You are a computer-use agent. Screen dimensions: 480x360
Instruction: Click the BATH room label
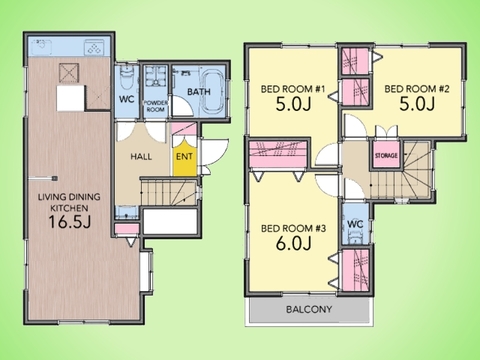199,92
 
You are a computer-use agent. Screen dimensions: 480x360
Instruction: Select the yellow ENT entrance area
184,156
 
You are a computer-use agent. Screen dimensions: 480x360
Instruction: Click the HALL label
141,157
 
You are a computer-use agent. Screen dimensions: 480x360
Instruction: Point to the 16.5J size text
70,222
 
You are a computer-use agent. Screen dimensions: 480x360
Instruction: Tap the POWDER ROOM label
156,106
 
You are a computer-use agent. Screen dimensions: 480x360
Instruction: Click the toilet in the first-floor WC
126,77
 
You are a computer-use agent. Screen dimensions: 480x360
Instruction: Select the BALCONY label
309,309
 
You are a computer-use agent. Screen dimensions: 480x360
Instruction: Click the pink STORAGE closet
386,155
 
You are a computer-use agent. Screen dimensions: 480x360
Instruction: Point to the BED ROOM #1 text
293,89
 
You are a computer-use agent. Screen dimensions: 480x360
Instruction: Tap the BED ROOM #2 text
417,89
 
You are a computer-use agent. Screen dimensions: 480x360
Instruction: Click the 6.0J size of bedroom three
293,243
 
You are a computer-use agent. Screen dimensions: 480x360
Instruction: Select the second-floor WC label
355,224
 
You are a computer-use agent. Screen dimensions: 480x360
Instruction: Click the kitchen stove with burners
95,47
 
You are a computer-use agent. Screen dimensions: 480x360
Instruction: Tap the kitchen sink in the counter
42,47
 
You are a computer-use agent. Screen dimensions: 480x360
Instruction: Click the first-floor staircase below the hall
168,192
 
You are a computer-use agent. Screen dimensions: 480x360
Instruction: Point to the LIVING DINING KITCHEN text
69,203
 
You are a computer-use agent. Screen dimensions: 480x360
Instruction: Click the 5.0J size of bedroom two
417,104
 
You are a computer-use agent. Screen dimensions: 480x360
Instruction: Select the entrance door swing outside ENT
215,152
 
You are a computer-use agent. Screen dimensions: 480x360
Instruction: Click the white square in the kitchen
70,98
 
